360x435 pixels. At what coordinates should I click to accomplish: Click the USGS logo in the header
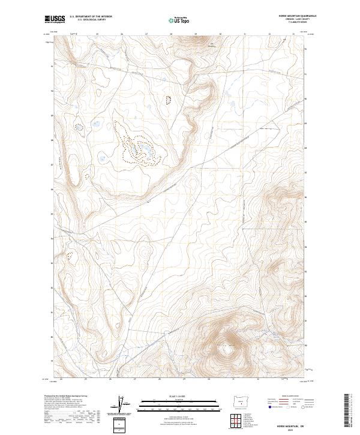click(x=55, y=19)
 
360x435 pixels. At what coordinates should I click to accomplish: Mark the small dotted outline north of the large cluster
click(x=168, y=100)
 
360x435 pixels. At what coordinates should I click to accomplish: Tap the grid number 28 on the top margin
click(x=172, y=34)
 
